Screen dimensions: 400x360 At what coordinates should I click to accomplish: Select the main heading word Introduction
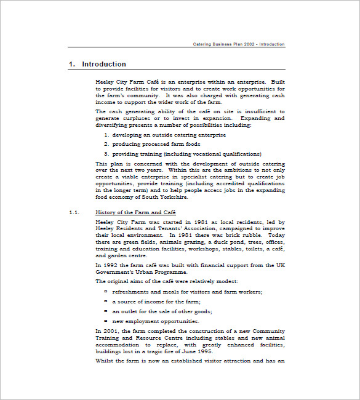click(x=104, y=64)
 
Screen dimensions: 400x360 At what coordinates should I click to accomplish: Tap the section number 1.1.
click(x=74, y=212)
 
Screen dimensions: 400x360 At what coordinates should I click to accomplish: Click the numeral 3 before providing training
click(x=105, y=154)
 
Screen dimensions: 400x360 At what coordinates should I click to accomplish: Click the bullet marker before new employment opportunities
click(x=105, y=321)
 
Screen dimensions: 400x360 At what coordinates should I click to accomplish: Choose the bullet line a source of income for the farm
click(x=156, y=302)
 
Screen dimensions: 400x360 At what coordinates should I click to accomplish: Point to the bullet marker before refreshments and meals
click(x=105, y=291)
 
